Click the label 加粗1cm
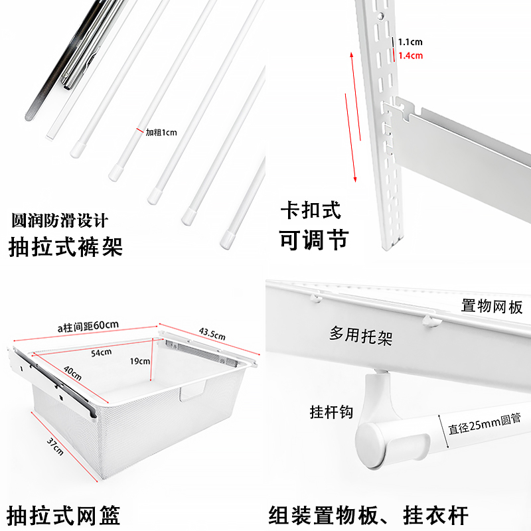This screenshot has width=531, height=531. [x=161, y=131]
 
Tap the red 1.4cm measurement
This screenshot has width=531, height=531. [x=410, y=56]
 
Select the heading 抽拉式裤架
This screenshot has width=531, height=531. [x=66, y=248]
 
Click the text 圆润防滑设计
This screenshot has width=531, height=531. [x=59, y=220]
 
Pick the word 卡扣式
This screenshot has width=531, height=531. [x=309, y=210]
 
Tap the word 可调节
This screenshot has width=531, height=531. [x=313, y=240]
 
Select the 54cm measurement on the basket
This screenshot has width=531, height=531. [x=101, y=352]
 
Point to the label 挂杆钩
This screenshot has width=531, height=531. [x=331, y=412]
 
